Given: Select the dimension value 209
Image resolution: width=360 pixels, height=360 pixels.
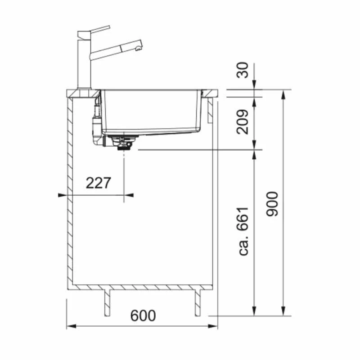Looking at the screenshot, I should click(x=243, y=121).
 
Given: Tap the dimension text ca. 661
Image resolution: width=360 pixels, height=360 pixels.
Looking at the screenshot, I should click(x=244, y=231).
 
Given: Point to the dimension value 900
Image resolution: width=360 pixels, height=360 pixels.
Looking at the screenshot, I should click(x=272, y=203).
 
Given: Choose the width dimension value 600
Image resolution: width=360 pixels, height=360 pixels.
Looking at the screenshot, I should click(x=143, y=315).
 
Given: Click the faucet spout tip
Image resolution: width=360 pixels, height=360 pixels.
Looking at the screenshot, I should click(x=140, y=45).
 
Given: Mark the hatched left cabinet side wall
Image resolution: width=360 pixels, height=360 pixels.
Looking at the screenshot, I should click(x=70, y=193).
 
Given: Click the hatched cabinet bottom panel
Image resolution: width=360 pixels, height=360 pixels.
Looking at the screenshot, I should click(x=139, y=287).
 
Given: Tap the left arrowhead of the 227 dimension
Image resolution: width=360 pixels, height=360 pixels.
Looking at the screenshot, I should click(x=62, y=195).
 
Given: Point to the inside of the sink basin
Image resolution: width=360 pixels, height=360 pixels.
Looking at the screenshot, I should click(x=151, y=110).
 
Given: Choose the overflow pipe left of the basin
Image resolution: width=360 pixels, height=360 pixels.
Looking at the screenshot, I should click(x=96, y=121).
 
